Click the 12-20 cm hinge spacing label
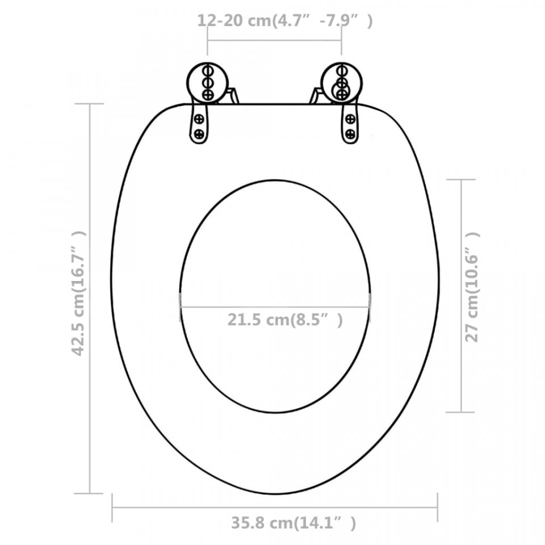285,20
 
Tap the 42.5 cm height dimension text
78,294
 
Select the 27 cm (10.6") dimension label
472,287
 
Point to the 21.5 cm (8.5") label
285,320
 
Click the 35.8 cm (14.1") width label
294,522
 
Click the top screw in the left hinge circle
208,70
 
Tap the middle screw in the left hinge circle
208,82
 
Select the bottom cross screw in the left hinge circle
208,94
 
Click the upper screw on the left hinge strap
199,119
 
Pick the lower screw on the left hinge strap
199,133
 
